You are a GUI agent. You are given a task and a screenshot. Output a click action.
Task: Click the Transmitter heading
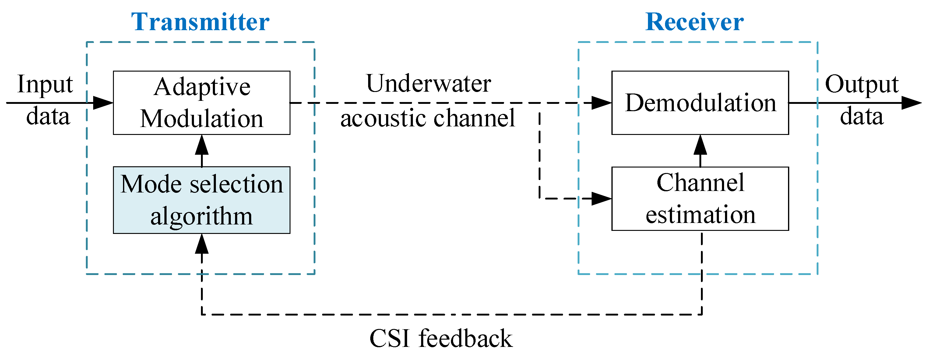click(x=200, y=22)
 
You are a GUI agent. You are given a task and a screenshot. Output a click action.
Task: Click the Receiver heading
click(x=694, y=22)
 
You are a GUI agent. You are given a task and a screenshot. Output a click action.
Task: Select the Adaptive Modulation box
click(x=202, y=103)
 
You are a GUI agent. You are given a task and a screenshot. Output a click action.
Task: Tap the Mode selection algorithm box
click(x=202, y=200)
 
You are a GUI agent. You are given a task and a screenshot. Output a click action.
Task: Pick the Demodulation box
click(x=700, y=103)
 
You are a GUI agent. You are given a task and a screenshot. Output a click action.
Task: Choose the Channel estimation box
click(x=700, y=198)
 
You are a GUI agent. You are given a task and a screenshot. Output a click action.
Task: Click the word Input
click(x=45, y=85)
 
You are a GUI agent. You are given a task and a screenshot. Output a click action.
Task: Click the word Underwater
click(x=428, y=84)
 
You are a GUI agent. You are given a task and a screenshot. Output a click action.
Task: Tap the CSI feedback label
click(x=441, y=338)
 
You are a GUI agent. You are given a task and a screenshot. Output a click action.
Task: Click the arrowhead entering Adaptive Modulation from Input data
click(x=103, y=103)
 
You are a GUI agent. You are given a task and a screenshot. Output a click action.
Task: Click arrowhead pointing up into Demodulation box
click(x=700, y=145)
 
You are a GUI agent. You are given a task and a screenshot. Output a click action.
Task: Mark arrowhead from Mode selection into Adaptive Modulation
click(x=202, y=145)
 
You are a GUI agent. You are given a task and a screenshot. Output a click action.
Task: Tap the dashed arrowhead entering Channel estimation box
click(x=602, y=198)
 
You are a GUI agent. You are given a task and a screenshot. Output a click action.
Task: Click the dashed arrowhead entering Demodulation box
click(x=602, y=103)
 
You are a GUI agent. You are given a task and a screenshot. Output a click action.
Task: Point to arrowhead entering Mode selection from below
click(x=202, y=244)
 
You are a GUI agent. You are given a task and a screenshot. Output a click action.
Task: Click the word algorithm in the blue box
click(x=202, y=217)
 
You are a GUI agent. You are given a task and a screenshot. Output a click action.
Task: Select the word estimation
click(x=700, y=215)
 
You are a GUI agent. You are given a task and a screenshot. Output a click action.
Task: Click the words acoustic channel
click(x=428, y=118)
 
